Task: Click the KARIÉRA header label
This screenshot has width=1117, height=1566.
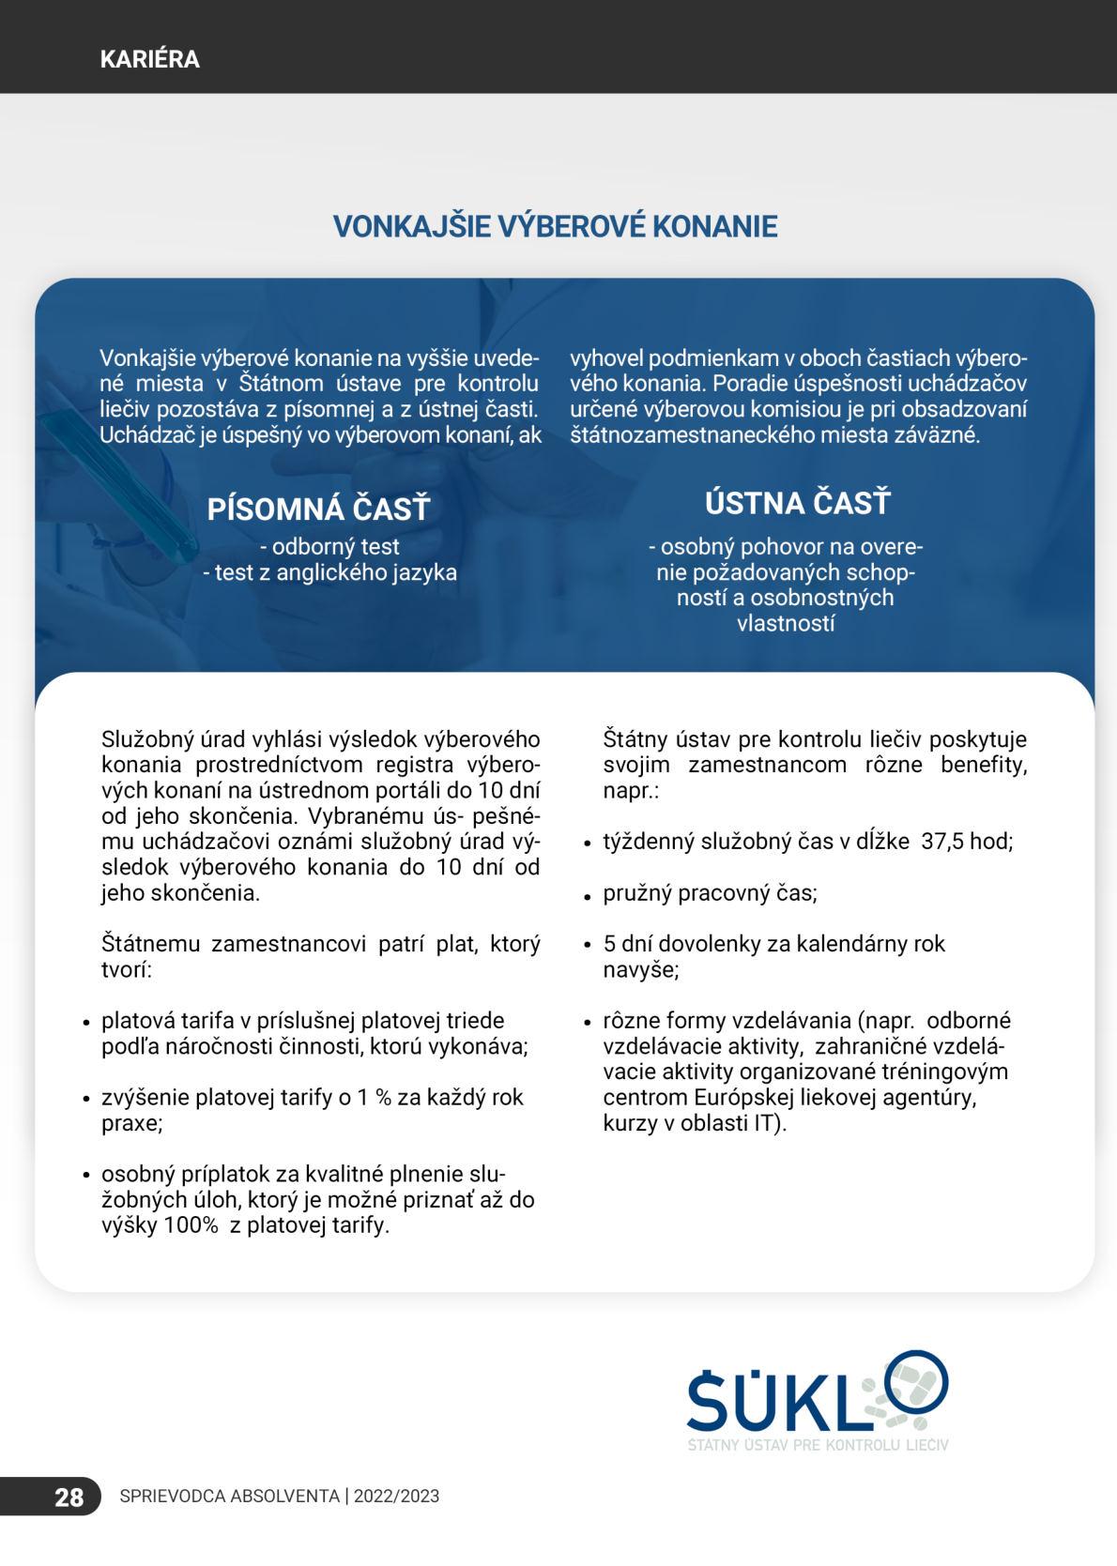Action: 149,59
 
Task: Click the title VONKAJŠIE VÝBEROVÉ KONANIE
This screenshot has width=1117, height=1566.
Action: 556,226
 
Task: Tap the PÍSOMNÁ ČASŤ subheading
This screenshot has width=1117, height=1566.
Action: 318,509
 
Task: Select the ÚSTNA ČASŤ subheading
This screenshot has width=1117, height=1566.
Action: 798,503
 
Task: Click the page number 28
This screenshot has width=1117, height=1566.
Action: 69,1497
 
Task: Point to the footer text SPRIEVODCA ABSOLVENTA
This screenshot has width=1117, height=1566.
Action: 230,1497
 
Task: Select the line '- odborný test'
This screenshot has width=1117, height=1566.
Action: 329,546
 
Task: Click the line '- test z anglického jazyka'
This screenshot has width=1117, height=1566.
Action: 329,572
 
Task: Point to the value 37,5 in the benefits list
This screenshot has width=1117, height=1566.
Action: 942,842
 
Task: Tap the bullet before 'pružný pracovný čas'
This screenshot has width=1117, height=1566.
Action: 584,896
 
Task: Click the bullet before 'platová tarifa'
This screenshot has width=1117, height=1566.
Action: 84,1023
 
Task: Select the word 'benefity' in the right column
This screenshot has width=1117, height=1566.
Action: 984,765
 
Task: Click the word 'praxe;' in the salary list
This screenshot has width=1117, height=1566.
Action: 132,1123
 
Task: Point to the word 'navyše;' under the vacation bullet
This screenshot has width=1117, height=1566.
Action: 641,969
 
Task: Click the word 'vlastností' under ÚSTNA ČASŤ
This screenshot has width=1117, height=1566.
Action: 787,623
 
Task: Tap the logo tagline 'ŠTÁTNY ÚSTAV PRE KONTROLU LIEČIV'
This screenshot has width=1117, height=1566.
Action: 818,1445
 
